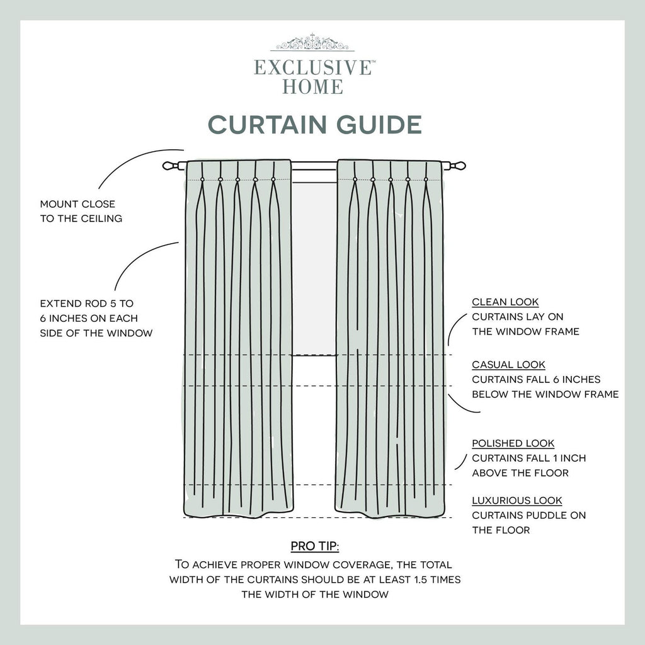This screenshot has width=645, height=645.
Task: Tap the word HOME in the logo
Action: (x=312, y=86)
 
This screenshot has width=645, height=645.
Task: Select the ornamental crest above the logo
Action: (x=312, y=42)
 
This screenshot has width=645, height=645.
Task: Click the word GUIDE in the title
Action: (x=379, y=124)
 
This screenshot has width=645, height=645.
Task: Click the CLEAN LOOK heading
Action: (x=505, y=302)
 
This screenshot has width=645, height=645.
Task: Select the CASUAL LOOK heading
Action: (x=508, y=365)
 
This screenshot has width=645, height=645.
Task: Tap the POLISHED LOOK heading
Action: (x=513, y=443)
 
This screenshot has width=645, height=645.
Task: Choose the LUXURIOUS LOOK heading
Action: (x=517, y=501)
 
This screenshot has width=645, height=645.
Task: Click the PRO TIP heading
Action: (x=315, y=546)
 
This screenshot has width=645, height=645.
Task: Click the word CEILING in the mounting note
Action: (x=101, y=219)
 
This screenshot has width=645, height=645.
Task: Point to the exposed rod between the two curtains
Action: (x=314, y=166)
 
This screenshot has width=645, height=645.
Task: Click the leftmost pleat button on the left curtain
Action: (x=202, y=180)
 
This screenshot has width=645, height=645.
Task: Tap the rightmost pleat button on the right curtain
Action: (x=426, y=180)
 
